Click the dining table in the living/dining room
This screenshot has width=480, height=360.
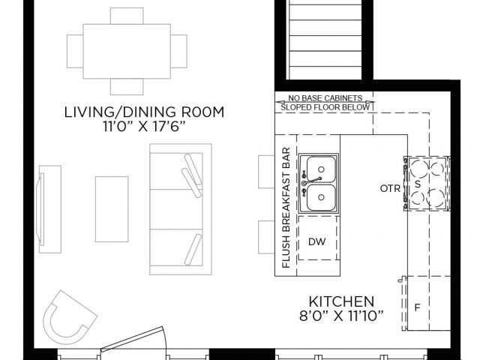[127, 52]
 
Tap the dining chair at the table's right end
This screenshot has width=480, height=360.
[178, 52]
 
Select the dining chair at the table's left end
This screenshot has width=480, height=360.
[75, 52]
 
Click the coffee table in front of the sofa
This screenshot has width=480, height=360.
[112, 209]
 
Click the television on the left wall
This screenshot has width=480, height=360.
[40, 209]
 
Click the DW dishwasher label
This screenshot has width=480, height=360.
[316, 241]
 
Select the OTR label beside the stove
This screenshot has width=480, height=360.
[390, 188]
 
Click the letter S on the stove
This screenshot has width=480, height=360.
[418, 184]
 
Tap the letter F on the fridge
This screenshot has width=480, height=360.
[417, 307]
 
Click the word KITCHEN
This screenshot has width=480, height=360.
[341, 301]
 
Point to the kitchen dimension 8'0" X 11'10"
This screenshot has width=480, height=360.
[341, 316]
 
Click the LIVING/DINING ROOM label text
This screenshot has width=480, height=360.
[144, 112]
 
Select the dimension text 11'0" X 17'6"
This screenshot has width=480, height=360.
[144, 127]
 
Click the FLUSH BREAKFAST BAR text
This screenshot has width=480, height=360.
[286, 208]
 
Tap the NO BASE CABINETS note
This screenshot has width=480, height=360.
[325, 98]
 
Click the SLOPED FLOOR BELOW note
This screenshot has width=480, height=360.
[325, 107]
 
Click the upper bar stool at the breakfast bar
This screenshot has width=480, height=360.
[266, 172]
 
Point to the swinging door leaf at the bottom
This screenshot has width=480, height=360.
[132, 338]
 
